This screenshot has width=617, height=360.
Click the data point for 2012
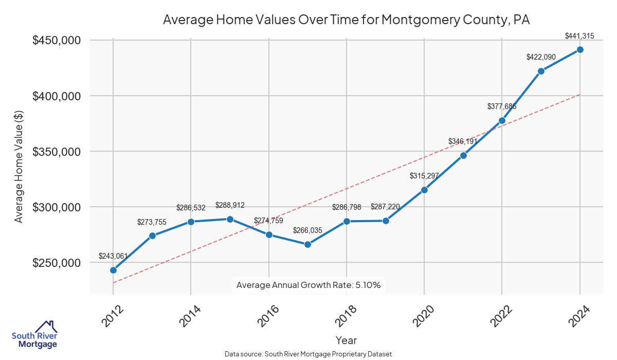113,270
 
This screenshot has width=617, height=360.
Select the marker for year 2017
307,244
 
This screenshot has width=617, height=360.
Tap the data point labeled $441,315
580,49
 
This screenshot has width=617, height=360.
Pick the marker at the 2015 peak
230,219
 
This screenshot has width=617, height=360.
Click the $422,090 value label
541,57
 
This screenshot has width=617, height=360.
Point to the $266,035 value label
307,230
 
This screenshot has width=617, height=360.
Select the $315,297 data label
424,176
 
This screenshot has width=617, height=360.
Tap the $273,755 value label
152,222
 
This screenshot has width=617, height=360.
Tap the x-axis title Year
346,340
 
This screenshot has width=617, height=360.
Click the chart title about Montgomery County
346,20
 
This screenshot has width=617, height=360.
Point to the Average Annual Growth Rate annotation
308,285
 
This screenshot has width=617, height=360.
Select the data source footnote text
308,354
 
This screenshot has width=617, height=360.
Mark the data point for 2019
386,221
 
